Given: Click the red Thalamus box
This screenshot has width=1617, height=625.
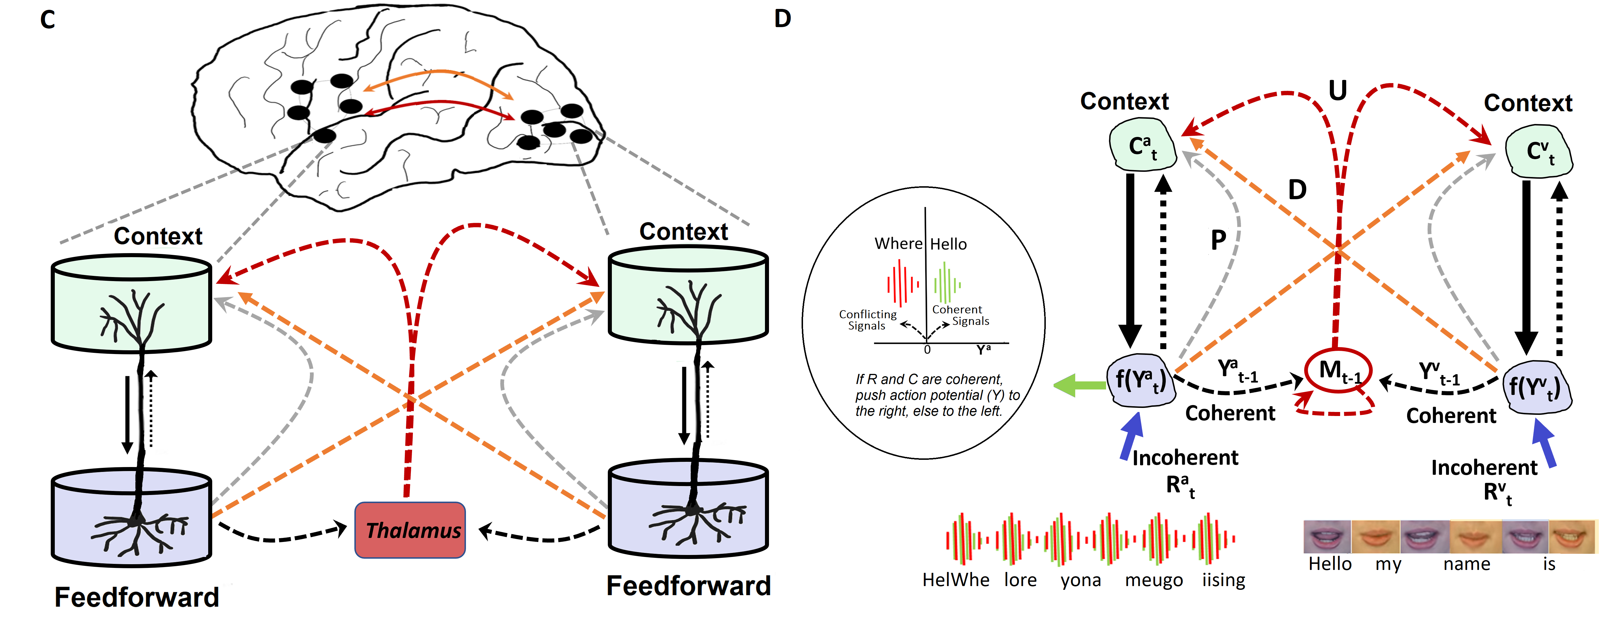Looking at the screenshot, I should [x=410, y=530].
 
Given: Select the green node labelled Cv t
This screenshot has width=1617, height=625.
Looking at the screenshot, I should [x=1539, y=152].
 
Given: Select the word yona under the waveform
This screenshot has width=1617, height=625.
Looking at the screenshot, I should [x=1080, y=580].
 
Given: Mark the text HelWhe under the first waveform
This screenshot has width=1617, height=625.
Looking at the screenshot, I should [x=955, y=580].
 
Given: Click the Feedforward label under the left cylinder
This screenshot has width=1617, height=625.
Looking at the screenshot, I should [x=137, y=597].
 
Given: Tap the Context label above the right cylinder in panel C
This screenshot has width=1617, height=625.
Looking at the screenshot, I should [x=684, y=231].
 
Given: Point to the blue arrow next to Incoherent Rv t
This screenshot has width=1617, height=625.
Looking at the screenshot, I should [x=1545, y=443].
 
